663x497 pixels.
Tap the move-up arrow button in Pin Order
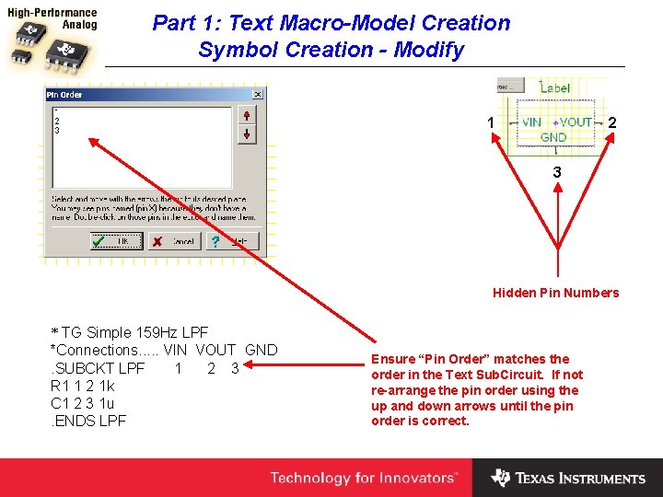point(246,114)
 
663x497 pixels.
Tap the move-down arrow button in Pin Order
point(246,134)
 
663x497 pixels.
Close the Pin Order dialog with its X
point(257,94)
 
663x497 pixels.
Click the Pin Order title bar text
point(65,95)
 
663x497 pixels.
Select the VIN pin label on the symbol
point(532,122)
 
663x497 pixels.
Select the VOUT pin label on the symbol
point(576,122)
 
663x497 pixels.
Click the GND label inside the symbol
point(553,138)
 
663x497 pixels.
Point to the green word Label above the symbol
point(555,88)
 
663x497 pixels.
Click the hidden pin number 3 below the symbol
point(557,172)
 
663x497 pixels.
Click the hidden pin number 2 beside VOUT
point(612,122)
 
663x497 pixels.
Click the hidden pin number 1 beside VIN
point(491,122)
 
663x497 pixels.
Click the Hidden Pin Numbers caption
point(555,293)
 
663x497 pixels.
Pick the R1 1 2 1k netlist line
point(83,386)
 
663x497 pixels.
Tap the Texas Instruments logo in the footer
point(568,478)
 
